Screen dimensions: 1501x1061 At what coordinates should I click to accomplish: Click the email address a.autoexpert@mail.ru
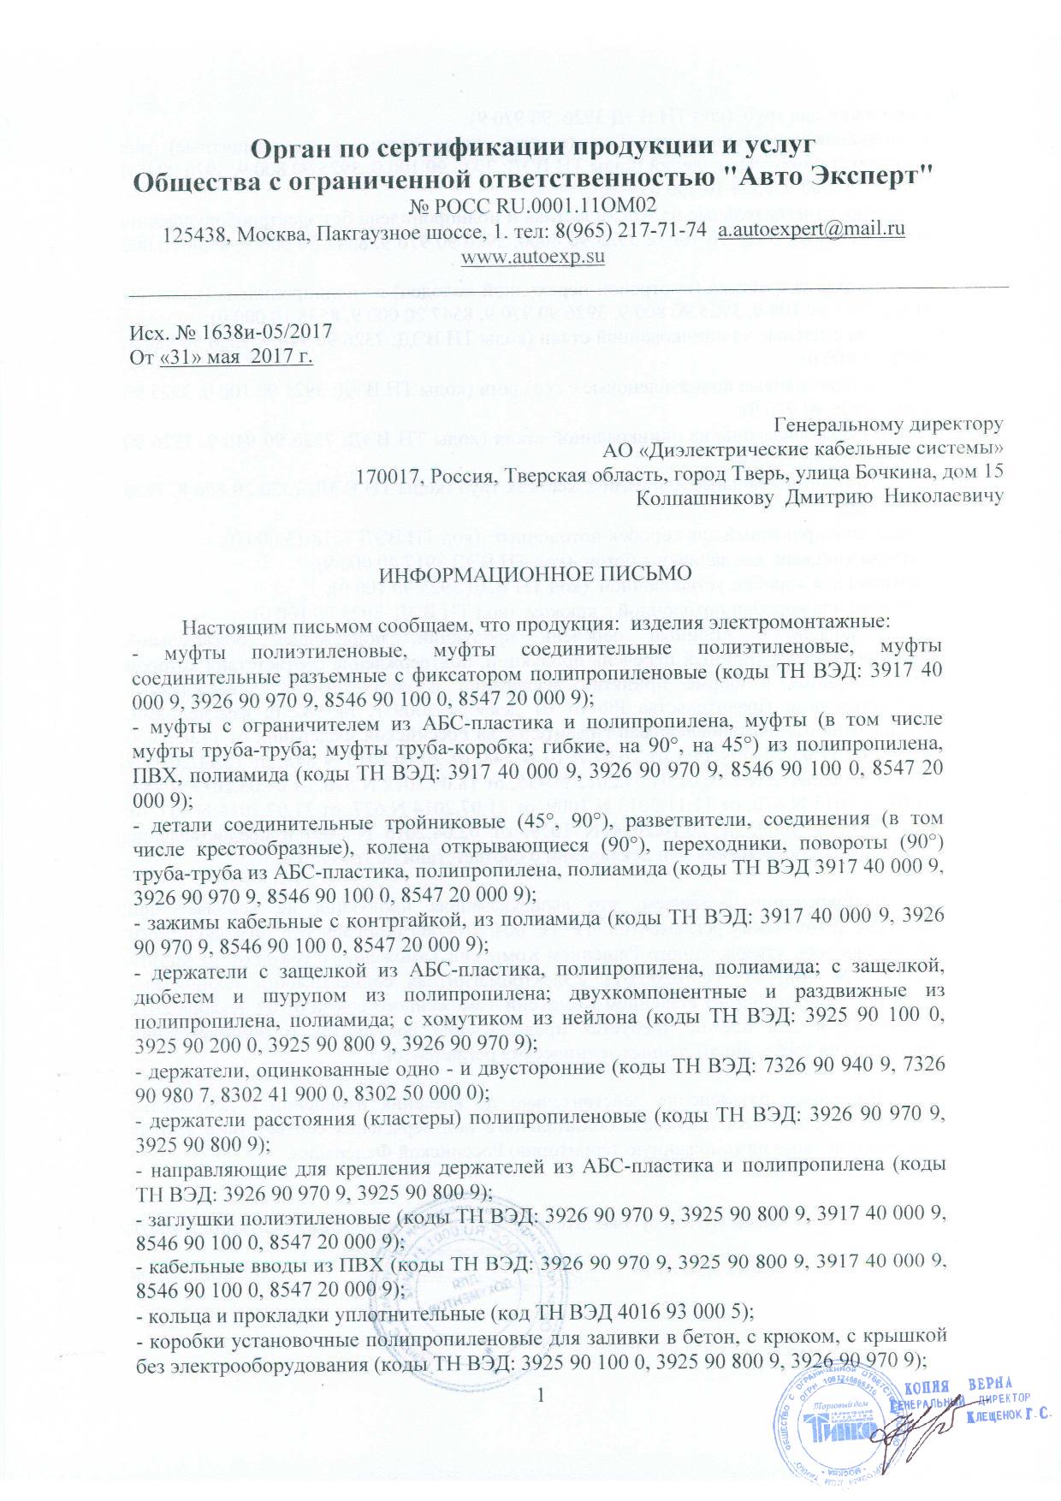pyautogui.click(x=811, y=230)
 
